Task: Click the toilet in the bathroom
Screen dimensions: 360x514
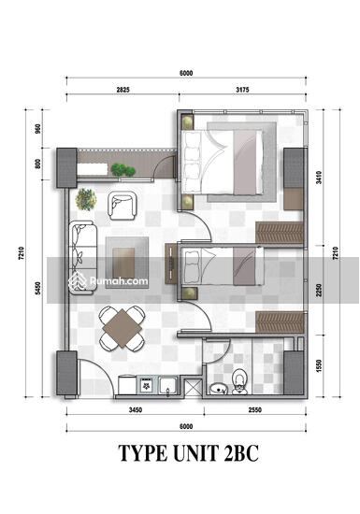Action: click(239, 381)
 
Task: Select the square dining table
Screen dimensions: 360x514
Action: click(122, 328)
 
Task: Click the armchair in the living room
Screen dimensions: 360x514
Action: click(122, 206)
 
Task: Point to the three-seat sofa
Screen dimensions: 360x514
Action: click(82, 257)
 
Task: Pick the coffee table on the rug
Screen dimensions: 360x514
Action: click(123, 263)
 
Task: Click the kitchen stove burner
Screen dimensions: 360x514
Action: click(146, 385)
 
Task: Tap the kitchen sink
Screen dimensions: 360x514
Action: click(168, 385)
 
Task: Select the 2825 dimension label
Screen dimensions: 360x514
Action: click(122, 90)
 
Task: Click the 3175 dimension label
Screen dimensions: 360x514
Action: click(242, 90)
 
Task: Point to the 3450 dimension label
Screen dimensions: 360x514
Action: click(136, 409)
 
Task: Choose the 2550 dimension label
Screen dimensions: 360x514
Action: click(254, 409)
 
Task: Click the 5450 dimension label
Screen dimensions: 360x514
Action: click(38, 288)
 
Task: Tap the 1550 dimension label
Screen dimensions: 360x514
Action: click(320, 365)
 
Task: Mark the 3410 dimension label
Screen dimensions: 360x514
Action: click(320, 178)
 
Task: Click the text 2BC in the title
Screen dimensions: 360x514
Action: click(241, 453)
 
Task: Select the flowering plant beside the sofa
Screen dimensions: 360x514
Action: click(86, 199)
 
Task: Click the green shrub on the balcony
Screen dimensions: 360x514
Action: click(122, 170)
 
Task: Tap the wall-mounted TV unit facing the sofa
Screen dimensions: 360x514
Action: click(171, 264)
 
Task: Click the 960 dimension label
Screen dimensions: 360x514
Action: click(38, 129)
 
